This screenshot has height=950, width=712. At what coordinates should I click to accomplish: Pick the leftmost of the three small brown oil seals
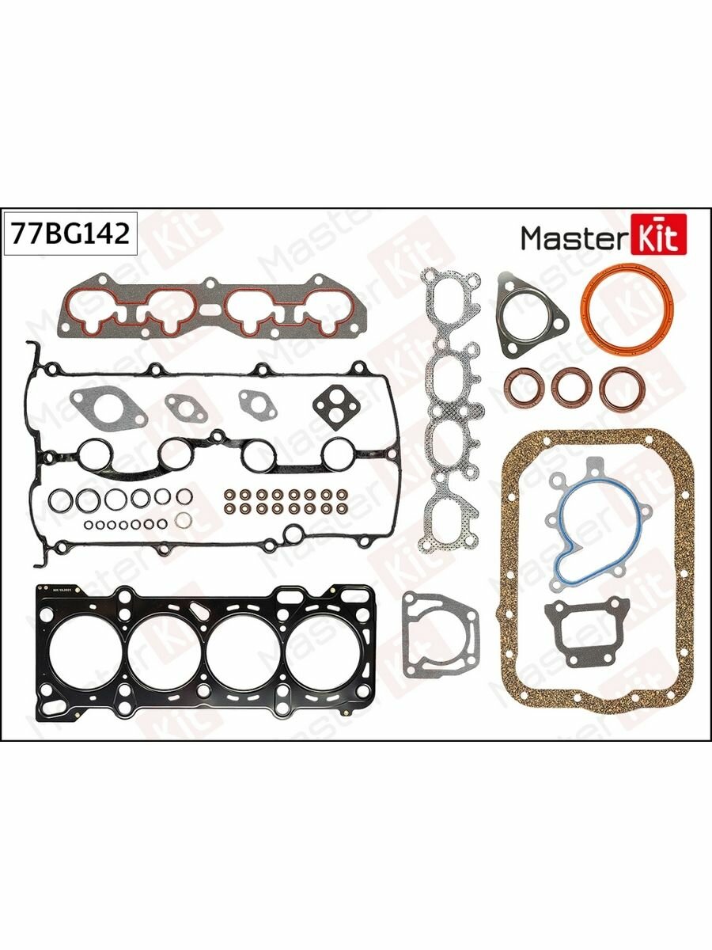tap(522, 387)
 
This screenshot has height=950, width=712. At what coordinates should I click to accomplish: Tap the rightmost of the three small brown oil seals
tap(620, 388)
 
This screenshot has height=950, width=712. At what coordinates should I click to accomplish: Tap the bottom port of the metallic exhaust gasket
tap(449, 514)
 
